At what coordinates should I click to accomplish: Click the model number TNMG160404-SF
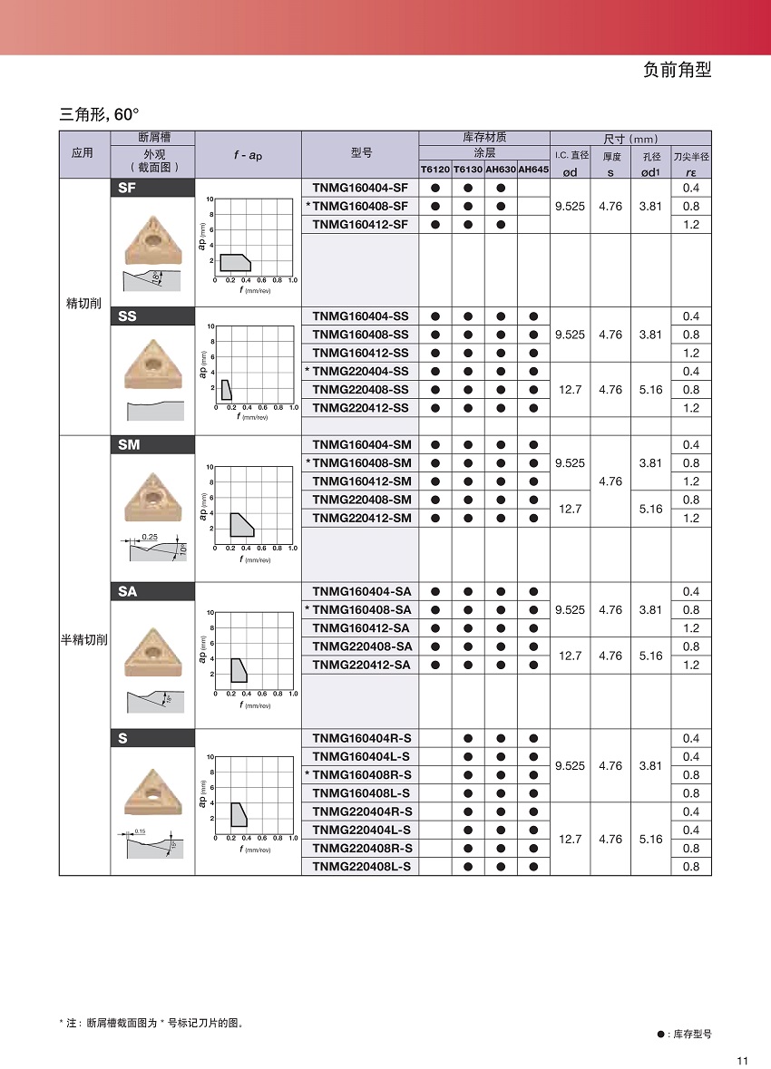point(360,188)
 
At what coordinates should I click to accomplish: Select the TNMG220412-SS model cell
point(360,408)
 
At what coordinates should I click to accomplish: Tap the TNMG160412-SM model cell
point(361,481)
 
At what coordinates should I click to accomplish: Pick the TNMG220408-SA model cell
point(361,646)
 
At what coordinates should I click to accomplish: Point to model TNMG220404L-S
point(361,830)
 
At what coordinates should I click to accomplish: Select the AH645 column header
point(533,170)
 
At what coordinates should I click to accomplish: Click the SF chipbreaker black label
point(152,188)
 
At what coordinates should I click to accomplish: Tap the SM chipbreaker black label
point(152,445)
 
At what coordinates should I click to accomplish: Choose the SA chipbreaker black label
point(152,591)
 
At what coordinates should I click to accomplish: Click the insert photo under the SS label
point(152,363)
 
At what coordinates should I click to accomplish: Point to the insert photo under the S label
point(151,792)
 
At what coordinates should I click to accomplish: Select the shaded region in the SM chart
point(241,525)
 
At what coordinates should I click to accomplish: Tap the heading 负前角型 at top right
point(677,71)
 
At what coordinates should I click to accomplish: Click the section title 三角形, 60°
point(100,115)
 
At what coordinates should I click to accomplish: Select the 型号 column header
point(360,153)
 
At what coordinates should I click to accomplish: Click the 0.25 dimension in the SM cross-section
point(151,538)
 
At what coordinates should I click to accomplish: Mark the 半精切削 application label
point(84,639)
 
